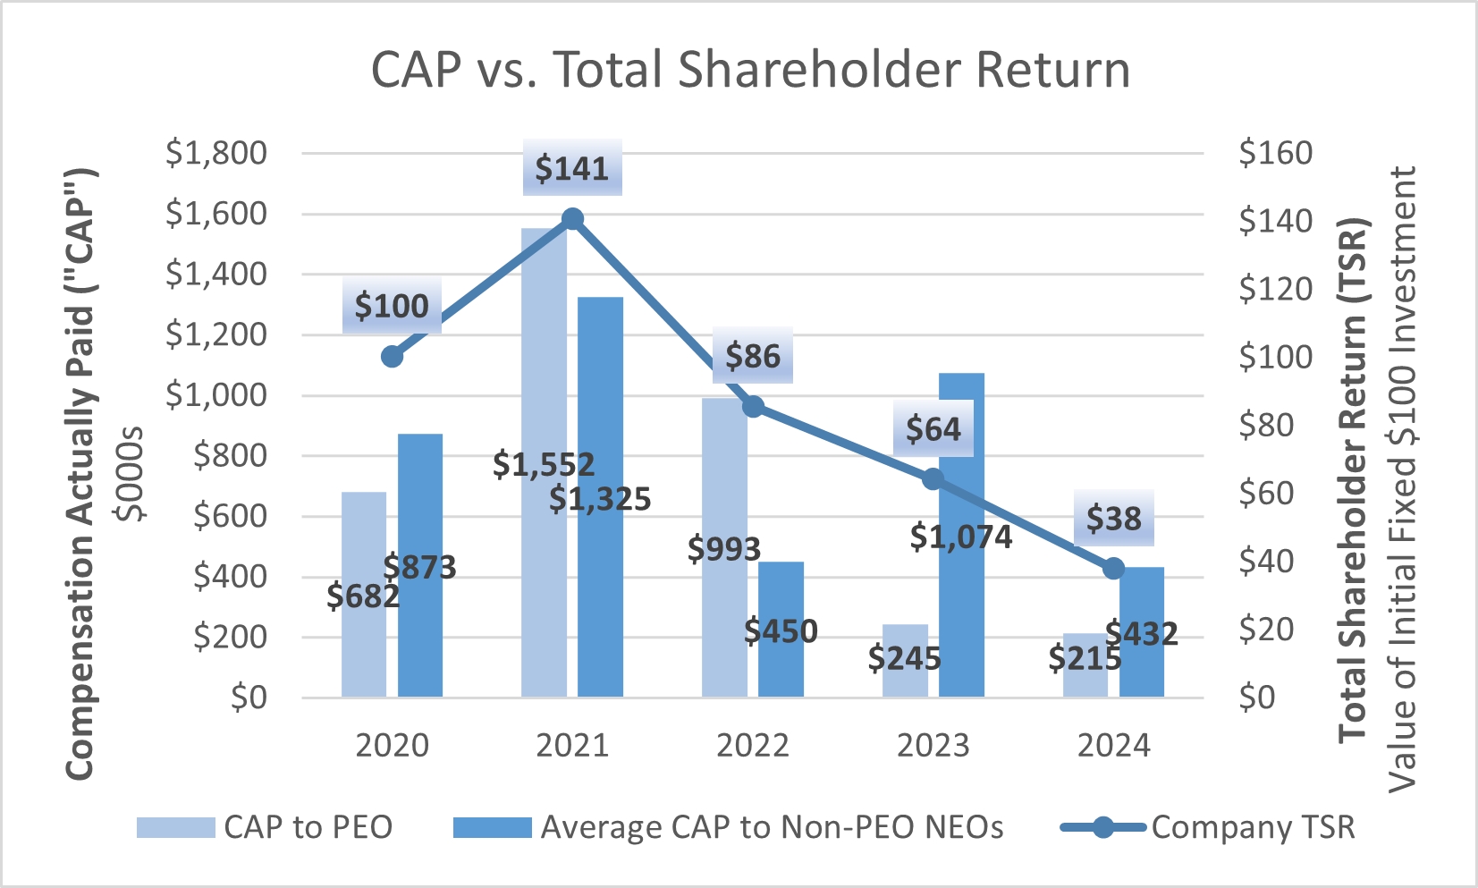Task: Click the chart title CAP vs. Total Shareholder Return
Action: coord(750,70)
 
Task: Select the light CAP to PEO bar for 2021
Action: coord(544,358)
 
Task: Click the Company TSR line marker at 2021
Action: coord(573,219)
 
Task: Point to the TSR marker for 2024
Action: coord(1113,569)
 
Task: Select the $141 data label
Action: coord(572,168)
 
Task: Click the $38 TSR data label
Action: coord(1113,519)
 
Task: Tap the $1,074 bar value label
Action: coord(961,537)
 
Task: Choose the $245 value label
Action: coord(905,659)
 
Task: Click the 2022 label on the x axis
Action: coord(753,746)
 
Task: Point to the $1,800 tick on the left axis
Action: coord(216,153)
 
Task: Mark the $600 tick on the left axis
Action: coord(230,516)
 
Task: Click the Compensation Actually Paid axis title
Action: coord(80,474)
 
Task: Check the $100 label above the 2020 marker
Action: coord(392,307)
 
